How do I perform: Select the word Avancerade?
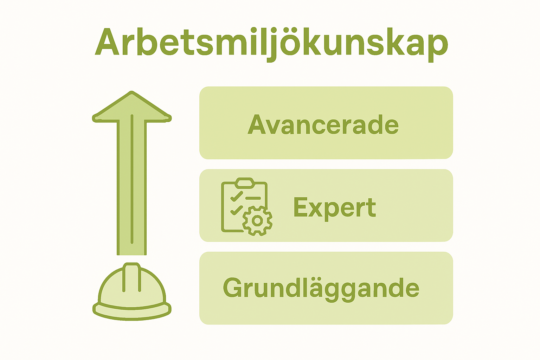point(323,125)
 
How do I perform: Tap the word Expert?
point(334,207)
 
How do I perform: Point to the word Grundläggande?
point(321,288)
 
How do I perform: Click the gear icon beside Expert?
point(257,221)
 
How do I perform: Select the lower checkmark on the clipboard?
point(236,210)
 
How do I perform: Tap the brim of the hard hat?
point(132,311)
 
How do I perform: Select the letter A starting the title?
point(107,42)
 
